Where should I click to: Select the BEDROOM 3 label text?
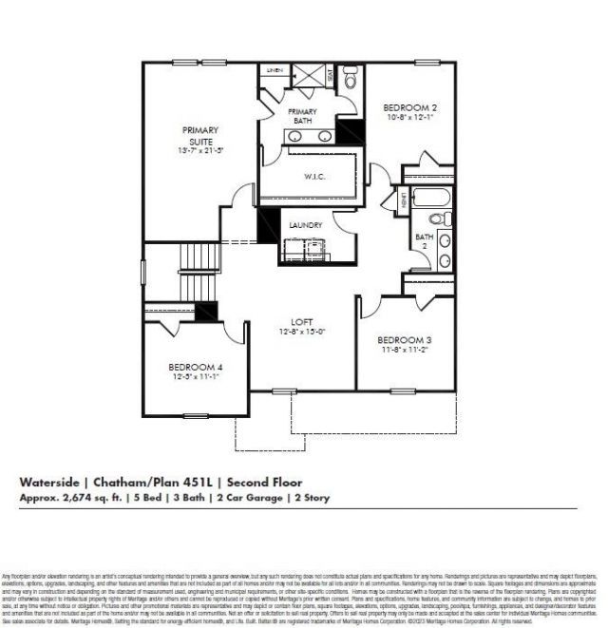(404, 340)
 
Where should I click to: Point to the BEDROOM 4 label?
(196, 367)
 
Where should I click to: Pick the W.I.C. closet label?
(315, 176)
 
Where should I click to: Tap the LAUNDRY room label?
(306, 225)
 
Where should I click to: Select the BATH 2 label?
(423, 238)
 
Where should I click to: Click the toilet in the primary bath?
(349, 83)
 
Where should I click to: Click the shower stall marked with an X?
(310, 76)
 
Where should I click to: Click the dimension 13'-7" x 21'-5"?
(200, 150)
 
